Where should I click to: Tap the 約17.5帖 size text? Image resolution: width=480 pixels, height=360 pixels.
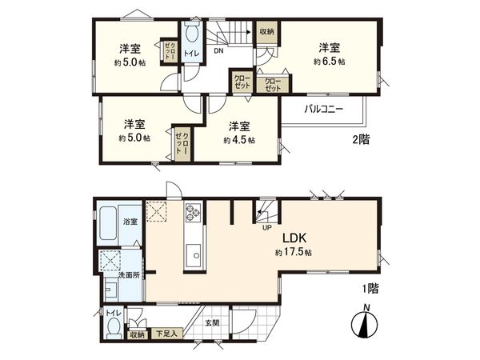tap(291, 252)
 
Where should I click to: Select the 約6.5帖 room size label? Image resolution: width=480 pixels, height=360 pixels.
tap(329, 61)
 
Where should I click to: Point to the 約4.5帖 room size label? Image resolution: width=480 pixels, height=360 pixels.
tap(239, 140)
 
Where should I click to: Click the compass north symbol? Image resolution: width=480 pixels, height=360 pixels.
tap(364, 326)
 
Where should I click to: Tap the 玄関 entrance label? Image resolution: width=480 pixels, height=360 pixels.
tap(210, 322)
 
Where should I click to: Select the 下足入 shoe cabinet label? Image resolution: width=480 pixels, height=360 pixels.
tap(166, 334)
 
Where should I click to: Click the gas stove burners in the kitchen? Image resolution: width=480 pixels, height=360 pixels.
tap(193, 213)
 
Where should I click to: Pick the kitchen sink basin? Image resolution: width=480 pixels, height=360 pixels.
tap(194, 256)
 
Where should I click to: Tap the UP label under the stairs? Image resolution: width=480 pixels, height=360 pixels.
tap(267, 226)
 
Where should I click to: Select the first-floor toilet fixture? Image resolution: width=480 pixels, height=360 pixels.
tap(114, 328)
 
